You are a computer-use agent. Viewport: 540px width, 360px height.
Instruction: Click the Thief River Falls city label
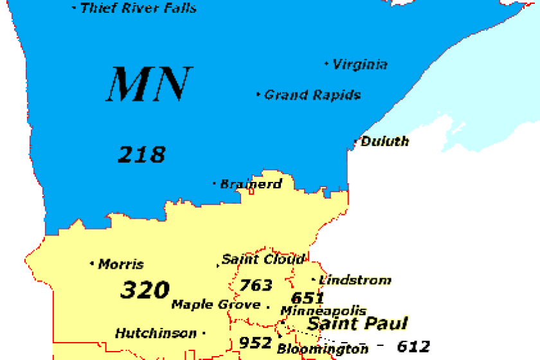click(x=138, y=8)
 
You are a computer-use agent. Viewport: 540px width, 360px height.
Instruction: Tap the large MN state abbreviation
click(x=149, y=84)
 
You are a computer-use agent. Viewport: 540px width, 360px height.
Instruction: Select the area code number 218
click(x=141, y=154)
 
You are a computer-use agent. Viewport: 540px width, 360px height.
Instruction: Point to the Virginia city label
click(x=360, y=64)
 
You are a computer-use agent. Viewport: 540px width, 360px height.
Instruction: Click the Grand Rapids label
click(x=312, y=95)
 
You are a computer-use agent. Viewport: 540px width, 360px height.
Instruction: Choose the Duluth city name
click(x=384, y=141)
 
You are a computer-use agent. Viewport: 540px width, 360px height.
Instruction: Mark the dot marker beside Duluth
click(x=355, y=142)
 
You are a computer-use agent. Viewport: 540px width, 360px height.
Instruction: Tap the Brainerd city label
click(x=251, y=184)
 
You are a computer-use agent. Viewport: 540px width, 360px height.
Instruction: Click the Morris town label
click(x=121, y=264)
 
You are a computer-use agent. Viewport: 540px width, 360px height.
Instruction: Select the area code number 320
click(x=145, y=290)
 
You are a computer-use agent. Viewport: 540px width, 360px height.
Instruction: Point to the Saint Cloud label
click(x=263, y=260)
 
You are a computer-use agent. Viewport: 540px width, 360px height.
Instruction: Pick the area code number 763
click(x=256, y=285)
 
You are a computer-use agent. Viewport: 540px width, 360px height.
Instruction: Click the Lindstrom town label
click(x=355, y=280)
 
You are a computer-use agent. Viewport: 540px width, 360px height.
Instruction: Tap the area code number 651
click(x=307, y=298)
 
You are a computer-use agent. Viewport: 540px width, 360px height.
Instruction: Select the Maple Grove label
click(x=216, y=305)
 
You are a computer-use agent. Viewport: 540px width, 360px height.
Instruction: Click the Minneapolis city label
click(x=323, y=311)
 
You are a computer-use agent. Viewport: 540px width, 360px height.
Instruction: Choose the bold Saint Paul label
click(x=357, y=323)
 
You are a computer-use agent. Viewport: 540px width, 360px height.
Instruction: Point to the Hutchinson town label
click(x=156, y=334)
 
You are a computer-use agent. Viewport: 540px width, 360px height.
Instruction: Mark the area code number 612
click(x=413, y=346)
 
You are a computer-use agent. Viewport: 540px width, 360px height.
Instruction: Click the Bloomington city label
click(x=323, y=350)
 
